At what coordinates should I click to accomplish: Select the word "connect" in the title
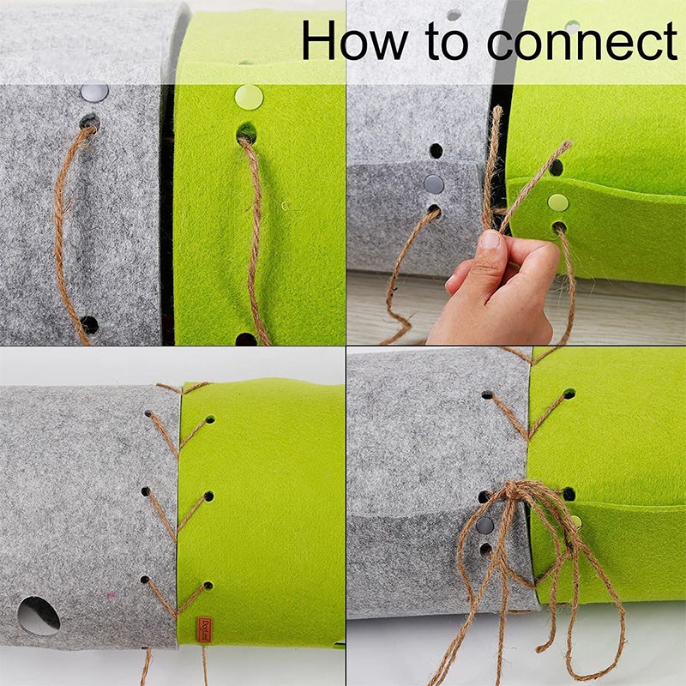pos(583,41)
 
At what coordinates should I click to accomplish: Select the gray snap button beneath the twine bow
pos(484,525)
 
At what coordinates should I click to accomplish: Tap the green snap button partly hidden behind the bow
pos(574,521)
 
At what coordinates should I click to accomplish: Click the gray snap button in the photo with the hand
pos(435,184)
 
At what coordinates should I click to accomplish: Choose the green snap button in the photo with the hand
pos(558,202)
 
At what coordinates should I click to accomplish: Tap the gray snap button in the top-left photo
pos(93,92)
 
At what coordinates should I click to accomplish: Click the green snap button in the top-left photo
pos(249,96)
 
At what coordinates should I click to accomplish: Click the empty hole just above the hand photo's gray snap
pos(436,151)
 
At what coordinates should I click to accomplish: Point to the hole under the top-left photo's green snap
pos(246,133)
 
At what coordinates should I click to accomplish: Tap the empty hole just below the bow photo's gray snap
pos(485,548)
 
